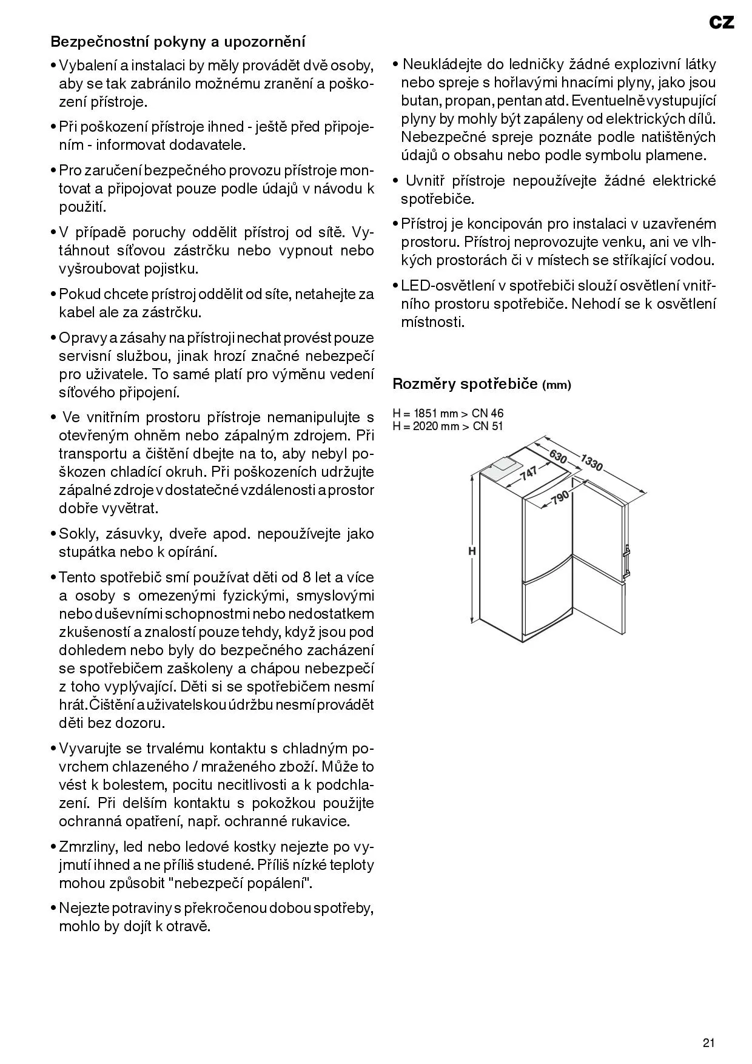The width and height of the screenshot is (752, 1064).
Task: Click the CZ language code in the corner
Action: [721, 22]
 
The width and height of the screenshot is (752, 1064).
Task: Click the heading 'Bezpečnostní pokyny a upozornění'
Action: [178, 42]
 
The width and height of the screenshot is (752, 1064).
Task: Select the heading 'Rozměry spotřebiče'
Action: [465, 383]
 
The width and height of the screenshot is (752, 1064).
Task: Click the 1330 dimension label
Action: [591, 463]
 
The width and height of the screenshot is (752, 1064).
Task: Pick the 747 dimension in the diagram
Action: [529, 473]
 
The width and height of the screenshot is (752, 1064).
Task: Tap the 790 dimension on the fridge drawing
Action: [560, 498]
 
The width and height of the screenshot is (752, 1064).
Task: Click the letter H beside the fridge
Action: [471, 551]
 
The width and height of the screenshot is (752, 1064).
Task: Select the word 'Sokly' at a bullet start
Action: [78, 534]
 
